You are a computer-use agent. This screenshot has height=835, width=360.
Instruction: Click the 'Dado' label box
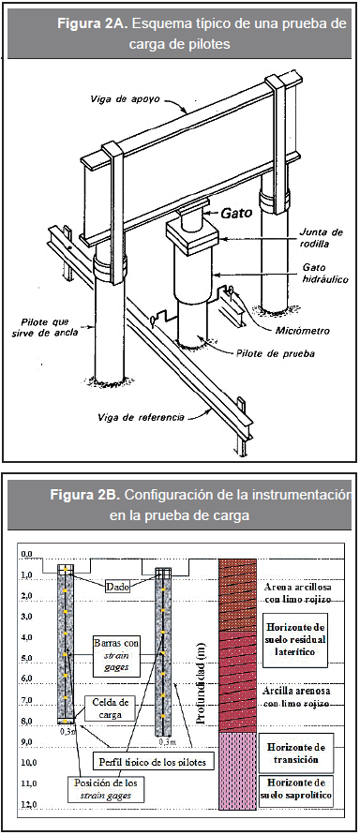click(116, 587)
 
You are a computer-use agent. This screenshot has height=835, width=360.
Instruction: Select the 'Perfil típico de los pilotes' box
click(152, 762)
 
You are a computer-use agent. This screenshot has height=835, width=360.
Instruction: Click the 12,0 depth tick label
click(29, 804)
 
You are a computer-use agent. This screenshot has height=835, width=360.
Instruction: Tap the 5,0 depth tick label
click(29, 658)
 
